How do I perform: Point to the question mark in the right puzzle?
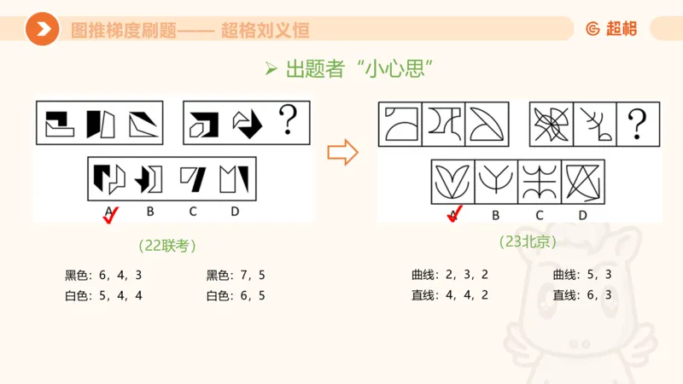pyautogui.click(x=637, y=125)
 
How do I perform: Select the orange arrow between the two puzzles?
pyautogui.click(x=342, y=153)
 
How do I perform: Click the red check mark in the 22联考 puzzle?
pyautogui.click(x=110, y=216)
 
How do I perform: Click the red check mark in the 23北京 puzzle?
pyautogui.click(x=455, y=213)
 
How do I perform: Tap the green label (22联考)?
pyautogui.click(x=167, y=246)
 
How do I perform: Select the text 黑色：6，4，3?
pyautogui.click(x=103, y=276)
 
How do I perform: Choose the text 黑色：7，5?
pyautogui.click(x=236, y=276)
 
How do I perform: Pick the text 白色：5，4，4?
pyautogui.click(x=103, y=296)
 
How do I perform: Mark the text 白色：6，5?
pyautogui.click(x=236, y=296)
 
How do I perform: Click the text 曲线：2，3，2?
pyautogui.click(x=450, y=275)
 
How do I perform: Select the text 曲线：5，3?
pyautogui.click(x=582, y=275)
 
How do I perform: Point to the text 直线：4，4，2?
pyautogui.click(x=450, y=295)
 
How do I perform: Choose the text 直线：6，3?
pyautogui.click(x=582, y=295)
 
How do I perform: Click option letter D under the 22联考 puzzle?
pyautogui.click(x=233, y=212)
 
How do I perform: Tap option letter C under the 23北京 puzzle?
pyautogui.click(x=539, y=214)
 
